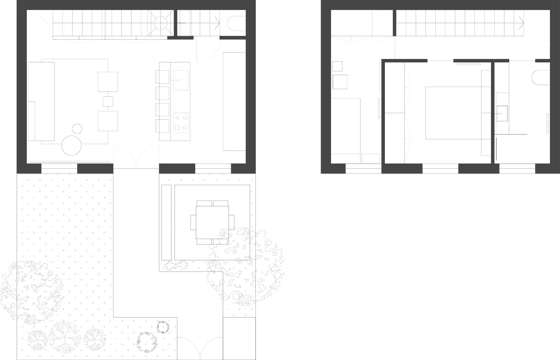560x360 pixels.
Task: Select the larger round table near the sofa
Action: click(72, 145)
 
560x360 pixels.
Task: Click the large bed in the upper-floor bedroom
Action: click(452, 113)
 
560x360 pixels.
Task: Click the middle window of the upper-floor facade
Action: click(440, 169)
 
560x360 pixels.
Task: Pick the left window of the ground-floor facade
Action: click(59, 168)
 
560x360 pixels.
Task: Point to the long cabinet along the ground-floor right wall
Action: click(234, 101)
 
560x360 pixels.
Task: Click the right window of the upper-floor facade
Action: click(517, 169)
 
